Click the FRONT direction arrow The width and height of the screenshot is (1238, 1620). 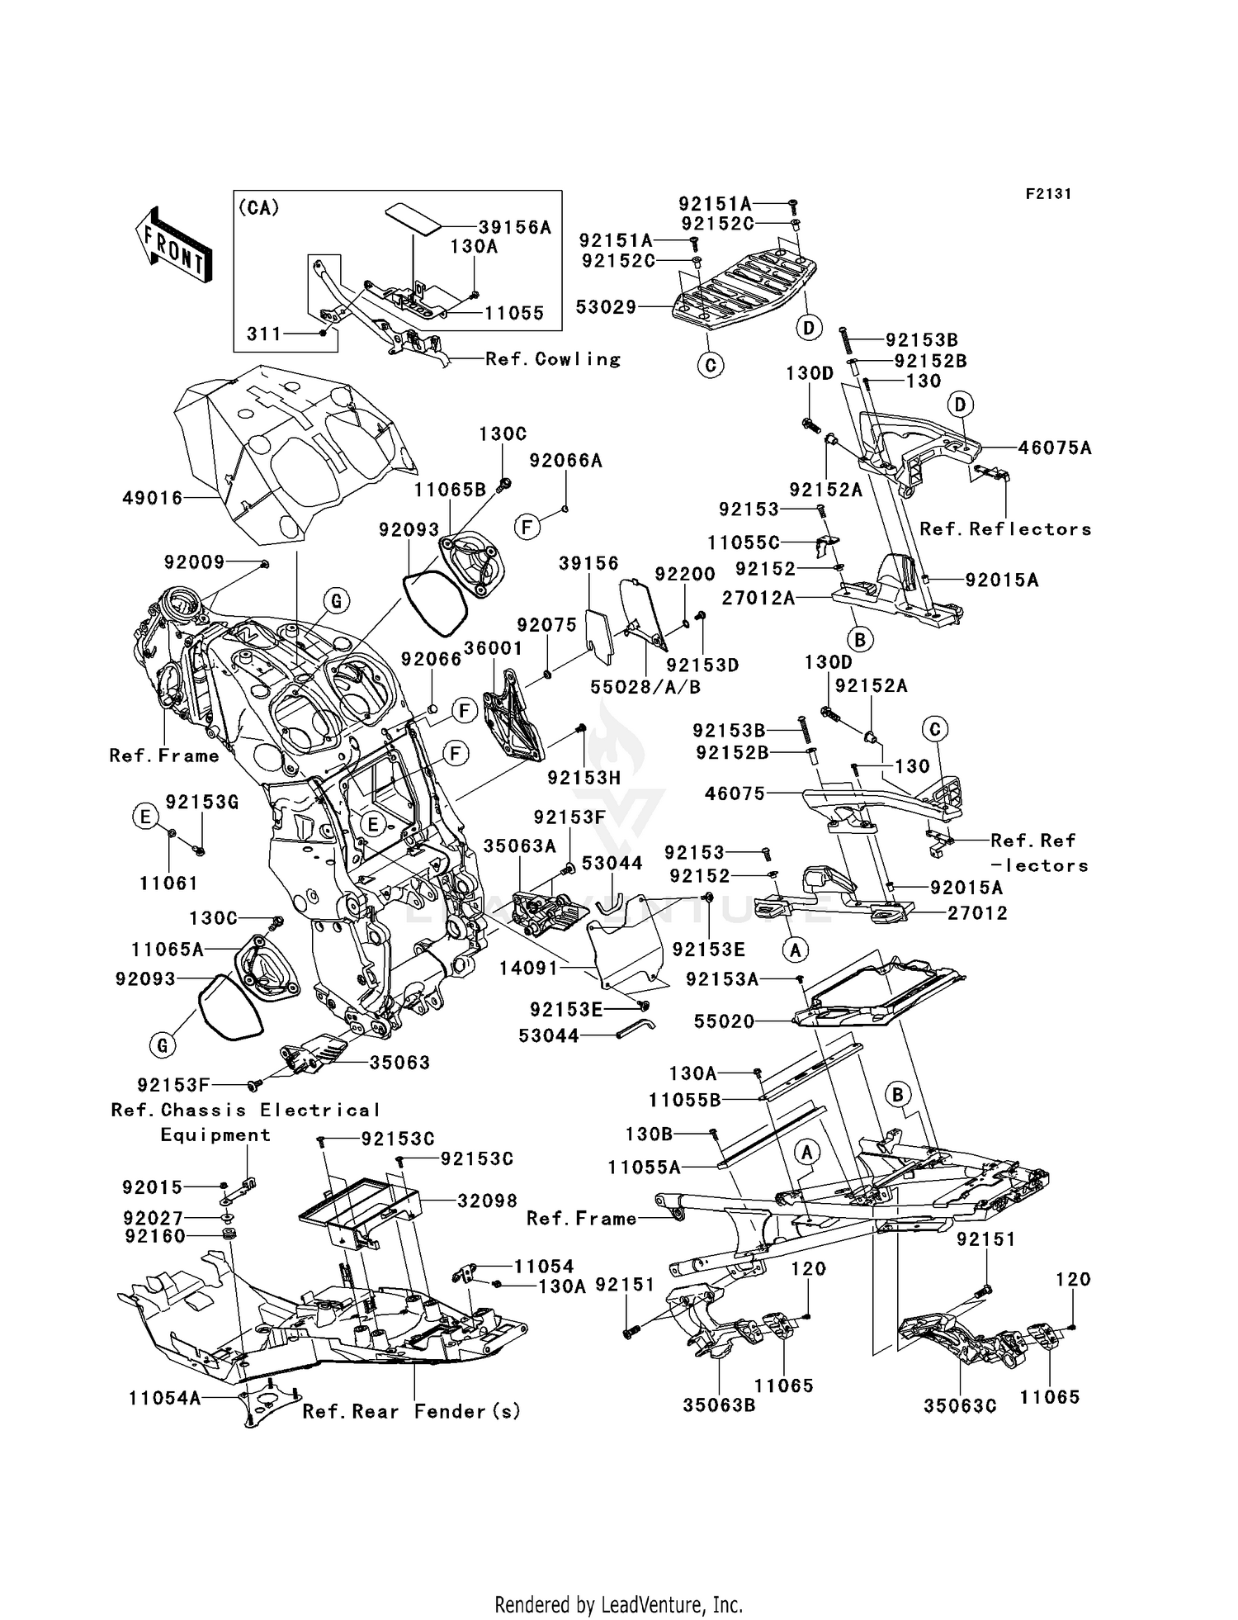click(174, 246)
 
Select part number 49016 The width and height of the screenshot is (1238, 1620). click(152, 498)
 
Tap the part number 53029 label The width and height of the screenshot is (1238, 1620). click(607, 307)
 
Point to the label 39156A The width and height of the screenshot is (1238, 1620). click(515, 227)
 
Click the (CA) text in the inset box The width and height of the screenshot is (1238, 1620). click(259, 208)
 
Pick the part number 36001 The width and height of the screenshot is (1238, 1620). click(493, 648)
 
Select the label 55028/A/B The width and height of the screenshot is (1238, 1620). click(645, 686)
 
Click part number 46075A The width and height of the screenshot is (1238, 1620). click(1055, 448)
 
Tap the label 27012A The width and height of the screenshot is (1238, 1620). click(758, 597)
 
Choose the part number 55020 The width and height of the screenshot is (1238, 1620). click(724, 1021)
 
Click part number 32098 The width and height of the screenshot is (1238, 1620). click(488, 1201)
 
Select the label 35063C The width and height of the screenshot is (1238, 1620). click(960, 1405)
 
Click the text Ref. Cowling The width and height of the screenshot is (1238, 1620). click(553, 359)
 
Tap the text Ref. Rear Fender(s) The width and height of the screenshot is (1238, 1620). click(412, 1411)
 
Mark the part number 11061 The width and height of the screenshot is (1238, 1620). click(168, 883)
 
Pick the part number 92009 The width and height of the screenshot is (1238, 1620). click(194, 562)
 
